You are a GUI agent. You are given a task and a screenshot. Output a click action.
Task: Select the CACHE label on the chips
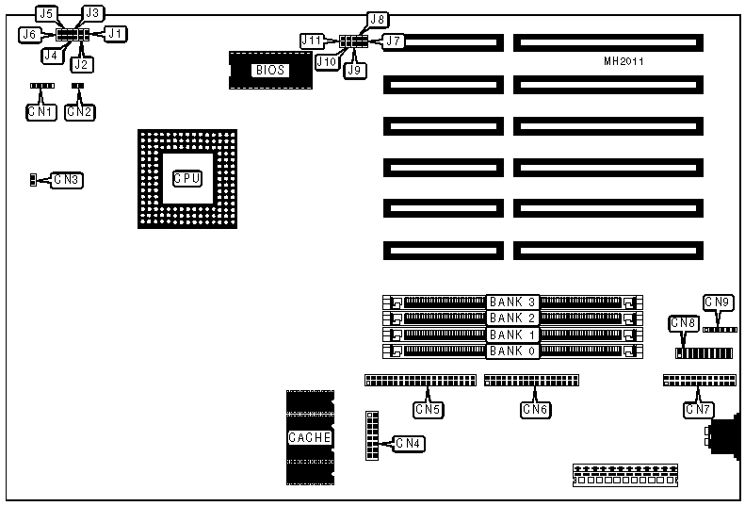coord(309,437)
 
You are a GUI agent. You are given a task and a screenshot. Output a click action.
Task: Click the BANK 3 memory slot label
coord(513,302)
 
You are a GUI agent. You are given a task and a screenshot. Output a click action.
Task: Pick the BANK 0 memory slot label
coord(513,351)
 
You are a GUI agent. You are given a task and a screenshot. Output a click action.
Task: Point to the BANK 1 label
coord(513,335)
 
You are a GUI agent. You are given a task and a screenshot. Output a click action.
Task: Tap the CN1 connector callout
coord(41,111)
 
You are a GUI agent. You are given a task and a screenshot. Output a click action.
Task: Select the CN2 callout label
coord(80,111)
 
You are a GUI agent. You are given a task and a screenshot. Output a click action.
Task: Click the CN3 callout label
coord(67,179)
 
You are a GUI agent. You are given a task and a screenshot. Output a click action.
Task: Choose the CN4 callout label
coord(408,443)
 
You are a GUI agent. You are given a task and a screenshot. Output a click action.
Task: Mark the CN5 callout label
coord(429,409)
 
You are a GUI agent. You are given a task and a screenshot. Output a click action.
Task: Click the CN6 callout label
coord(536,409)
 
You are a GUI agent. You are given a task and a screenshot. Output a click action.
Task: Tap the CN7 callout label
coord(698,409)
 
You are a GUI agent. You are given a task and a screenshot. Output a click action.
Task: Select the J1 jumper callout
coord(115,34)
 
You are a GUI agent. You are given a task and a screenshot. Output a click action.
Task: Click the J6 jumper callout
coord(29,34)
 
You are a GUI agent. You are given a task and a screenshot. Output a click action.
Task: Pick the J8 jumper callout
coord(378,19)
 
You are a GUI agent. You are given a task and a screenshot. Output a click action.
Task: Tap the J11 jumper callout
coord(312,41)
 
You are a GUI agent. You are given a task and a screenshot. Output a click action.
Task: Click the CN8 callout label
coord(683,323)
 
